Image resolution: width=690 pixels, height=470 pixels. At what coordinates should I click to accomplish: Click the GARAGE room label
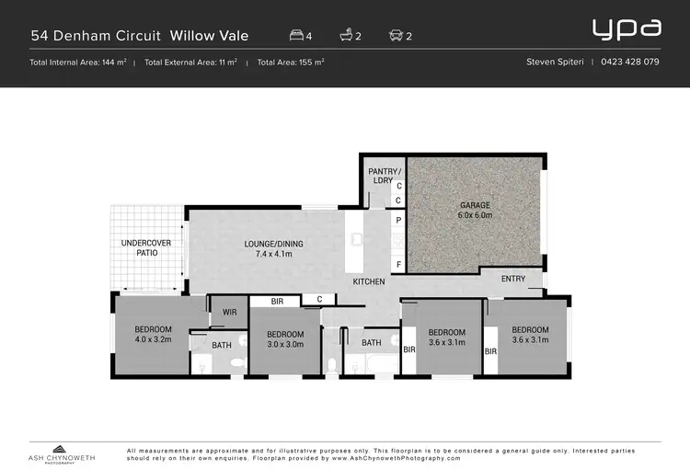tap(476, 210)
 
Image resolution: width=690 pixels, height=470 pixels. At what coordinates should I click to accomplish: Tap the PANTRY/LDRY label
tap(381, 176)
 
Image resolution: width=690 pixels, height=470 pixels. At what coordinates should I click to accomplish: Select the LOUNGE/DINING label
tap(273, 249)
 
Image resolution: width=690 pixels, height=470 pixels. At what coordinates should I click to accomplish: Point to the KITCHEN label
tap(369, 281)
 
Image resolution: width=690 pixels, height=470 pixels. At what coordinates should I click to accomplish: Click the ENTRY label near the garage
tap(513, 279)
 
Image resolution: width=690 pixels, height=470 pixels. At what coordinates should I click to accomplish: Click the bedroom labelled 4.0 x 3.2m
tap(153, 334)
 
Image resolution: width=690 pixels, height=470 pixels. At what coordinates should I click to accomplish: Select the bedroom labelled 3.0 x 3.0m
tap(285, 339)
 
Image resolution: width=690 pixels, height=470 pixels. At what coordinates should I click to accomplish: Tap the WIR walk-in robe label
tap(229, 313)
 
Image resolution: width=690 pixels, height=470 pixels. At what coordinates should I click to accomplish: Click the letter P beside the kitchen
tap(398, 221)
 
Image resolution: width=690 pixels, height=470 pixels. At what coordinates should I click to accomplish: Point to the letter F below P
tap(398, 265)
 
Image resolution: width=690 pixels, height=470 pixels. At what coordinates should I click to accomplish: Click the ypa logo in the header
tap(627, 28)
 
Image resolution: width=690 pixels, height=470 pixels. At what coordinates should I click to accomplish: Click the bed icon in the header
tap(296, 36)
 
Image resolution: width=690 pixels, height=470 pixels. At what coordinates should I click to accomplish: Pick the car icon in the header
tap(396, 36)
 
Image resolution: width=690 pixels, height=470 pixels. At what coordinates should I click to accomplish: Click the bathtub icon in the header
tap(346, 36)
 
